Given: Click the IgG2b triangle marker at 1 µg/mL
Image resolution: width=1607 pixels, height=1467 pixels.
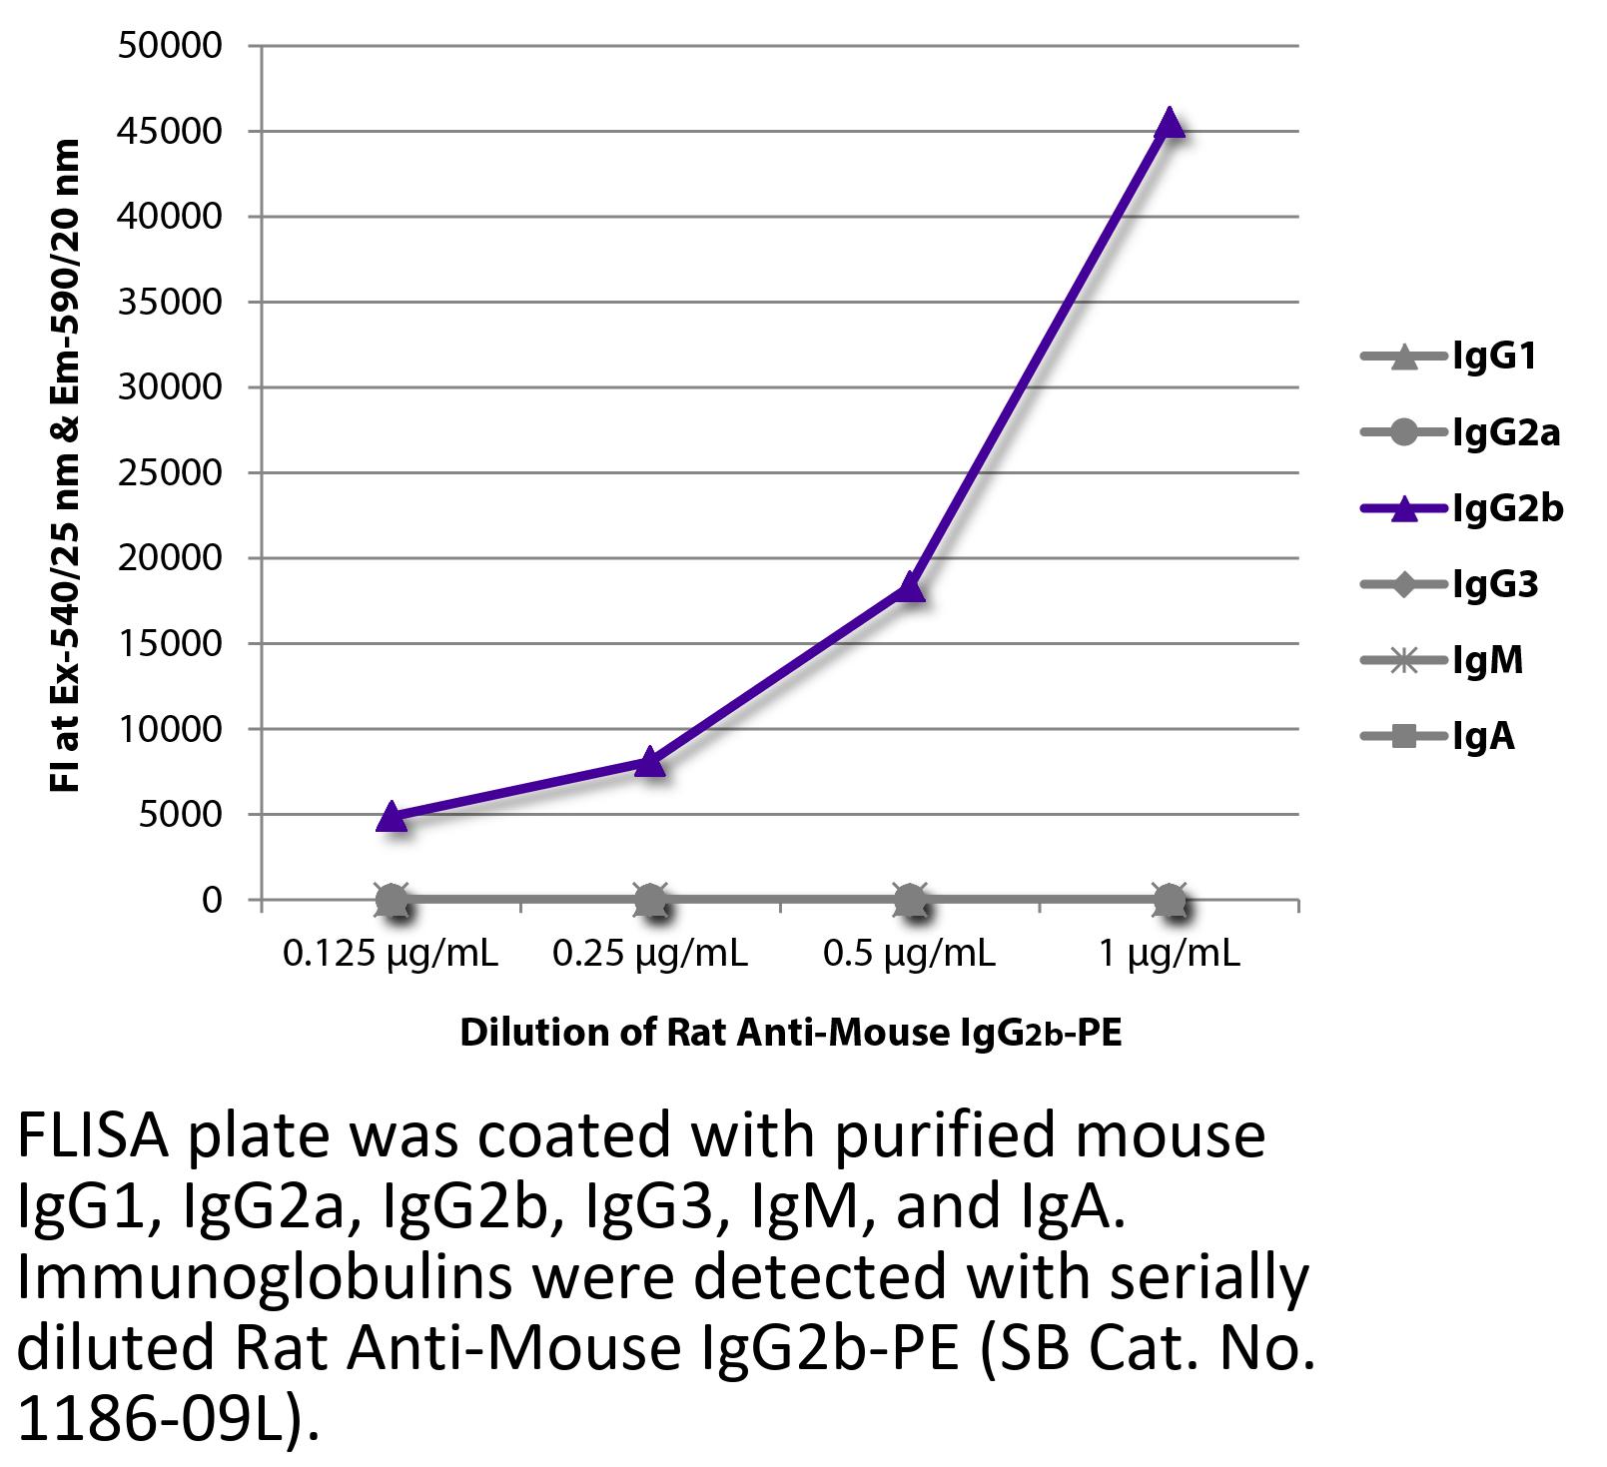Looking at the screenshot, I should (1169, 124).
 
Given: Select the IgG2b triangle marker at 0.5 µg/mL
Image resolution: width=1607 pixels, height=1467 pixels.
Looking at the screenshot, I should (909, 587).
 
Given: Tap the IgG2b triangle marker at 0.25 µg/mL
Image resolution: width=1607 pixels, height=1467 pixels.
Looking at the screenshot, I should (650, 762).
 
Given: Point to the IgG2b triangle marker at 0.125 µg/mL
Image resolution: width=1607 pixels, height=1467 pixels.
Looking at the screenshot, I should (392, 817).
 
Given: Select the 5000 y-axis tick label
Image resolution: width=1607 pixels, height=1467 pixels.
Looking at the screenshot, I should (180, 815).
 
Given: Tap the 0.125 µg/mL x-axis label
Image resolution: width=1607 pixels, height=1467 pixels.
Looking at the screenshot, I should (391, 955).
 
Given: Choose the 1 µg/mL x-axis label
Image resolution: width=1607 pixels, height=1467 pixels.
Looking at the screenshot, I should (1169, 955).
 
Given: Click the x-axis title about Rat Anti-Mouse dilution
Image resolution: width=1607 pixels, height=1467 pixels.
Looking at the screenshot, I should (790, 1033).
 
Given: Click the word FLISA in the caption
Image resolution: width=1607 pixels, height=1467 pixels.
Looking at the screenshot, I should (94, 1137).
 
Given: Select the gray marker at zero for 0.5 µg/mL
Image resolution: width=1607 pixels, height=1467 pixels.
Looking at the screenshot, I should (909, 901).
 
